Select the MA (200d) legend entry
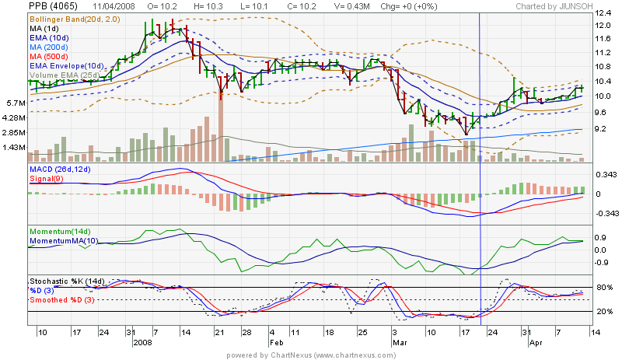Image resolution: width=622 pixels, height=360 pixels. [x=51, y=47]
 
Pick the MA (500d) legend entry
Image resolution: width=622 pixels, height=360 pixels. [x=51, y=56]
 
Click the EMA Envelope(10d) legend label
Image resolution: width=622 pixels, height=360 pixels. [x=67, y=65]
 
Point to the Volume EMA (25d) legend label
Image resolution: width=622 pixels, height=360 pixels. [x=64, y=75]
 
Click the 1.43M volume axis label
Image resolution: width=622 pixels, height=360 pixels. [x=16, y=147]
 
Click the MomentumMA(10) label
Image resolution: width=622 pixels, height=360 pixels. [x=65, y=241]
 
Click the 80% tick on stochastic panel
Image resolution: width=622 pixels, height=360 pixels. [x=603, y=288]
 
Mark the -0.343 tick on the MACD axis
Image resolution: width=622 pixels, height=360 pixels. [x=606, y=212]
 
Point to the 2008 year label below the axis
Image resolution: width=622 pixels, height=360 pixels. [x=144, y=341]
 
